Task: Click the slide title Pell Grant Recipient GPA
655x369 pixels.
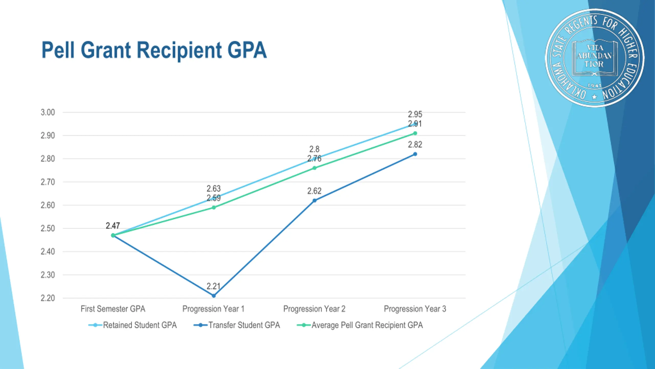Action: pos(154,50)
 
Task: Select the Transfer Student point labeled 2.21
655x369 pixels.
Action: pos(214,296)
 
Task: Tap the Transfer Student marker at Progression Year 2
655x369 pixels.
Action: pos(314,201)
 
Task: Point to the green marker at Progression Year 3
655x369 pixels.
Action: pos(415,133)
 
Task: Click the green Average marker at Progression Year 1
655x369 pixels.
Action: pos(214,208)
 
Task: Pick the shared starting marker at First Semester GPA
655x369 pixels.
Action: pos(113,235)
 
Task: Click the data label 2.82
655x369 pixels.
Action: pos(415,145)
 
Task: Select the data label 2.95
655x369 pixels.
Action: pos(415,114)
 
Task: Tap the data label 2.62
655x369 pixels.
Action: pos(314,191)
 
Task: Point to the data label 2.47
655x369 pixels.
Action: pos(113,226)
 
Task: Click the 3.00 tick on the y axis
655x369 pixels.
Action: pos(48,112)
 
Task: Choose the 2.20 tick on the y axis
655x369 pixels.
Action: pos(48,298)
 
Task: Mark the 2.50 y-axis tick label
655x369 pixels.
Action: pos(48,228)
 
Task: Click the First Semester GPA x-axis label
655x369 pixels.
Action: pos(113,309)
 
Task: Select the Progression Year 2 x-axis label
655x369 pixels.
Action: pos(314,309)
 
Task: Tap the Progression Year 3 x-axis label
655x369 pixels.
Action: pos(415,309)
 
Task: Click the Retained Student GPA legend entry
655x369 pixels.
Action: pos(140,325)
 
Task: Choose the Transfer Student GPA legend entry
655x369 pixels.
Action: pos(244,325)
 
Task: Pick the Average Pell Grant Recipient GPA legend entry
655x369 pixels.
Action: pos(367,325)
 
